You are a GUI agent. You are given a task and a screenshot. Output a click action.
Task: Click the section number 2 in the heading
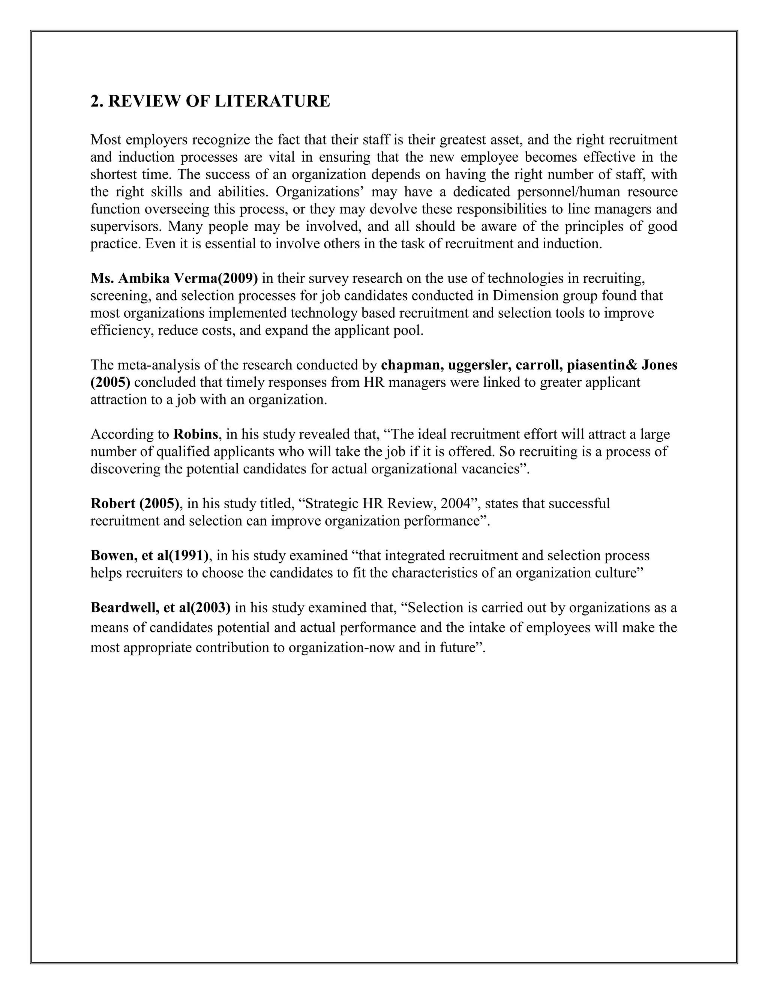coord(94,101)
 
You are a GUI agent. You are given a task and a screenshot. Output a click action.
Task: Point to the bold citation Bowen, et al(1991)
coord(150,555)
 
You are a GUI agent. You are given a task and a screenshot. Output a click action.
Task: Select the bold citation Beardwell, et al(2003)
coord(160,608)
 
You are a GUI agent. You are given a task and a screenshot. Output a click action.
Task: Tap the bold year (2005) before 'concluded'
coord(111,382)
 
